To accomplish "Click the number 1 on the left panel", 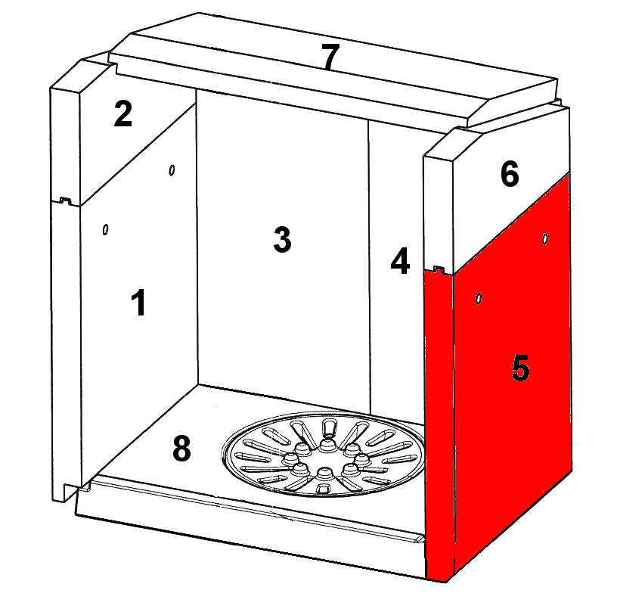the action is tap(139, 303).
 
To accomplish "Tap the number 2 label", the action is tap(122, 113).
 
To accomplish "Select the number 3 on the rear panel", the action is tap(283, 239).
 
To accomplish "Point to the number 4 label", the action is tap(400, 260).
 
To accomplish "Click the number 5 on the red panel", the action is tap(520, 368).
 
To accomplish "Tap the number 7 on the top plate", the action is tap(330, 56).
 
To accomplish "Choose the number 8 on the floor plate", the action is tap(181, 449).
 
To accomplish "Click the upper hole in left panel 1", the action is tap(172, 170).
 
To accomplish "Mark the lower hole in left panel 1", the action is tap(105, 229).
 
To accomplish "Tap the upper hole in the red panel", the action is tap(545, 238).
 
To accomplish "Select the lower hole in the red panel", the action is tap(479, 299).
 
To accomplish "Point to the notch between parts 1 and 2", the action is tap(65, 200).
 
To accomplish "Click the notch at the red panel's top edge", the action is tap(439, 269).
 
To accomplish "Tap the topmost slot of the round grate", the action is tap(329, 427).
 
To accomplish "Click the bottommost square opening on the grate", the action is tap(323, 489).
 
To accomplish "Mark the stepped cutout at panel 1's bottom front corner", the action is tap(72, 492).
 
